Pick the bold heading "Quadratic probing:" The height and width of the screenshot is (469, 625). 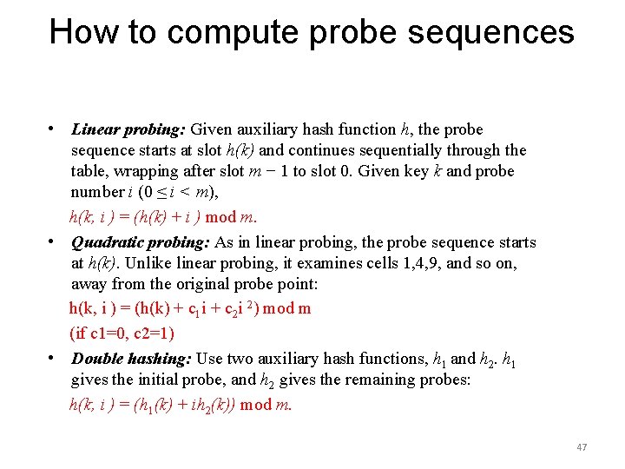141,243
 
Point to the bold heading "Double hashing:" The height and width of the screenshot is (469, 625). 131,359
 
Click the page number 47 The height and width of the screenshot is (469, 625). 582,447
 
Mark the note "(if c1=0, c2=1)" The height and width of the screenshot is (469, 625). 122,333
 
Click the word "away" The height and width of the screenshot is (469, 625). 90,285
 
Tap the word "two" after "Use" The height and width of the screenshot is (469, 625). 238,359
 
